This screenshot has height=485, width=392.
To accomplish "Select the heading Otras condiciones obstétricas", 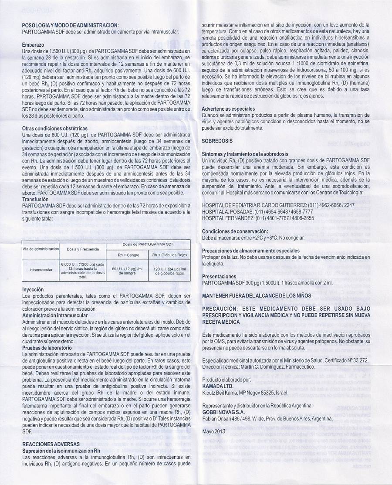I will click(x=55, y=129).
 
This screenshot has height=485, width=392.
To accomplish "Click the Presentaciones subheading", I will click(x=219, y=276).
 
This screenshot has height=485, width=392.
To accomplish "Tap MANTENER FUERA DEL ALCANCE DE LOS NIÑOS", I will click(x=257, y=295).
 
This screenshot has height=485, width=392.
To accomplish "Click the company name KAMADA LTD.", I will click(x=217, y=386).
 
